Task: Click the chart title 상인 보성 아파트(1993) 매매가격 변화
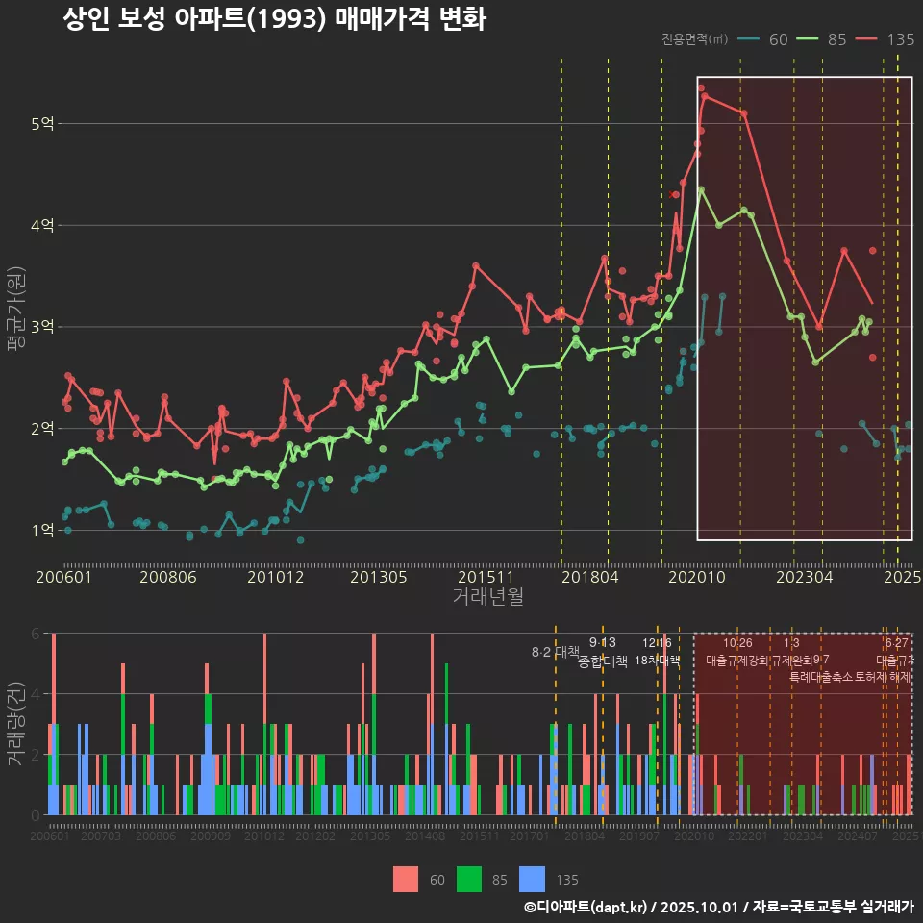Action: (x=274, y=20)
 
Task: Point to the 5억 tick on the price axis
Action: (x=42, y=124)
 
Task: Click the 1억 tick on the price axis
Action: (x=42, y=530)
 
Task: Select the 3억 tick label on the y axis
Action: (x=42, y=327)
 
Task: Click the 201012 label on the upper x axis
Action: (x=275, y=578)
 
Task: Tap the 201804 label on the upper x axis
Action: (x=589, y=578)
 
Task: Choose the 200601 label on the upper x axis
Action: (x=63, y=578)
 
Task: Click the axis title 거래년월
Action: (x=487, y=597)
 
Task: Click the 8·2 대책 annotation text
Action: (x=556, y=652)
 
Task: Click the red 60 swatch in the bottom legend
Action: (x=406, y=879)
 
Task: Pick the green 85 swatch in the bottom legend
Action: (x=468, y=879)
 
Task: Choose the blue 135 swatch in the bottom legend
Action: (x=532, y=879)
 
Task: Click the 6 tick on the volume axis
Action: (x=35, y=634)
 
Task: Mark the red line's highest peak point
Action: (x=704, y=96)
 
